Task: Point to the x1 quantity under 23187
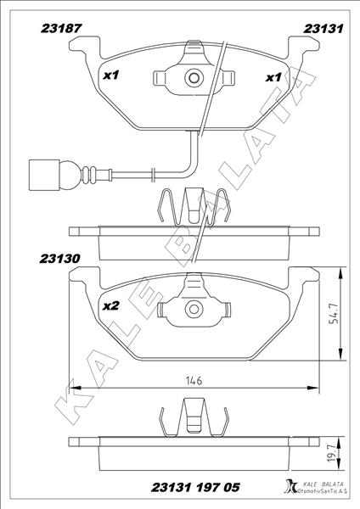click(x=110, y=75)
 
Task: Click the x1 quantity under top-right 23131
click(x=273, y=77)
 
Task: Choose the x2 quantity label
click(x=110, y=306)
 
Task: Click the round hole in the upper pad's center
click(x=194, y=79)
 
